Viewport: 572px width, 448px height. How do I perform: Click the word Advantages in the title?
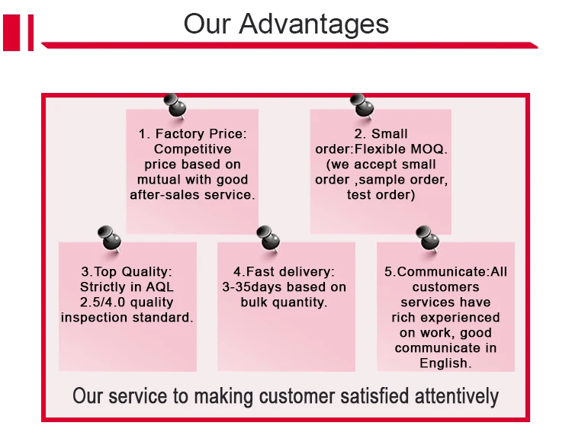point(314,24)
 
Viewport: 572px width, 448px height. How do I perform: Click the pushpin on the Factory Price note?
point(175,106)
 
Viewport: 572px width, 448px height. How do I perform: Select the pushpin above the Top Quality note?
point(110,239)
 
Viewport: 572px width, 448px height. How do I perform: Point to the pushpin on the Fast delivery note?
point(266,239)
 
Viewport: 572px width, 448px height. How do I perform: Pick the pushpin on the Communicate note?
point(426,239)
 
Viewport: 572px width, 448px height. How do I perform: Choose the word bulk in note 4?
point(255,302)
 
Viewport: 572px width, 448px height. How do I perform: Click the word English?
point(445,363)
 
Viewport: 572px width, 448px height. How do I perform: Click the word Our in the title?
point(207,24)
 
